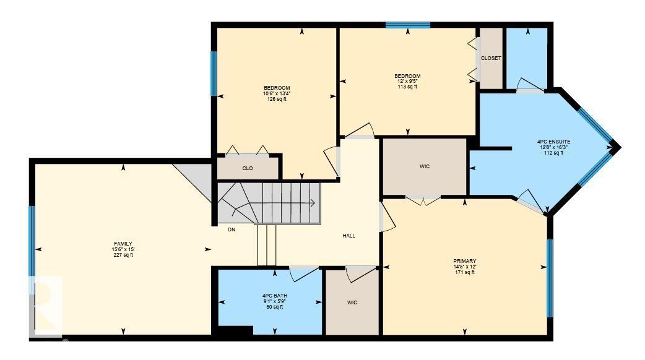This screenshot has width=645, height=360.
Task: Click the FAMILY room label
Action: (123, 244)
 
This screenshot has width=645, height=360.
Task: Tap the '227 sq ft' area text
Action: (123, 255)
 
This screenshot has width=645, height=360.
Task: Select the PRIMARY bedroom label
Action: (464, 261)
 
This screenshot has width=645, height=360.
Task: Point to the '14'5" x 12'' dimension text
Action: (464, 267)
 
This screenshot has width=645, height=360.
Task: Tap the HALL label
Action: (349, 236)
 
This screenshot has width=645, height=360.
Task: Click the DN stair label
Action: (232, 229)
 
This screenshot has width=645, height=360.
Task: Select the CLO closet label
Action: (247, 168)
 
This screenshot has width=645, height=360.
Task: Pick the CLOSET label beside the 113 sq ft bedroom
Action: (491, 58)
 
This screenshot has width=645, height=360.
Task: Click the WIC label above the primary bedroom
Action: (424, 166)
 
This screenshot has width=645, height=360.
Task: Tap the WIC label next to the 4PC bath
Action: (352, 302)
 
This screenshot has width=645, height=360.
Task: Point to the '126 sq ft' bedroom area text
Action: (277, 99)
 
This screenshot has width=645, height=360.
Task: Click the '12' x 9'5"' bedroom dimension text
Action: (407, 82)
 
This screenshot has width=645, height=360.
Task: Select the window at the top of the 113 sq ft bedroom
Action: (407, 25)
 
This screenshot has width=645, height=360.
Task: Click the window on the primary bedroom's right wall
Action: (549, 278)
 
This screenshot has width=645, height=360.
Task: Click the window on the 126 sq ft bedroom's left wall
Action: (214, 73)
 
